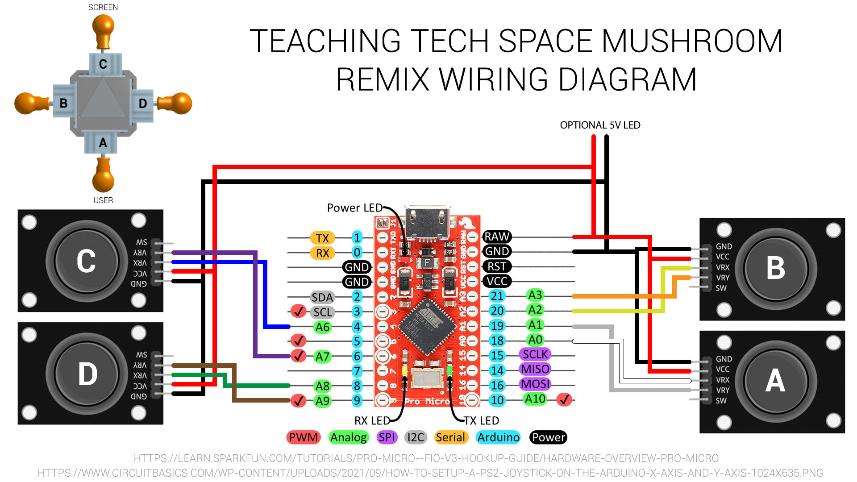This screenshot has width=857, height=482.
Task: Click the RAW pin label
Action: click(497, 237)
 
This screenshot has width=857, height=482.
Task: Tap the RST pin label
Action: click(497, 266)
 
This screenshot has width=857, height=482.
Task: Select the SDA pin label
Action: click(322, 297)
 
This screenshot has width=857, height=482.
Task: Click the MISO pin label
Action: click(535, 369)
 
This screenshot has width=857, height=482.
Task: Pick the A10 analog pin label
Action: click(535, 399)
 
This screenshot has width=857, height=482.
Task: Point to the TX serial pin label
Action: click(322, 238)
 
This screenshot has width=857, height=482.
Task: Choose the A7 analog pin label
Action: click(322, 357)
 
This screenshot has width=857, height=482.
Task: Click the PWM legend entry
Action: click(304, 437)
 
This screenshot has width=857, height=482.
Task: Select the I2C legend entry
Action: click(416, 437)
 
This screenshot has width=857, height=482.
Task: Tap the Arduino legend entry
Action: click(498, 437)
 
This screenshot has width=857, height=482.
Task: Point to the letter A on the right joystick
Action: click(775, 381)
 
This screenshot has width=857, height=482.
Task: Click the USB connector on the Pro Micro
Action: click(427, 222)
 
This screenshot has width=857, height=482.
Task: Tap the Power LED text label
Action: click(354, 208)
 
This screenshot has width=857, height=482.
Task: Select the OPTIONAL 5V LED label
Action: click(600, 125)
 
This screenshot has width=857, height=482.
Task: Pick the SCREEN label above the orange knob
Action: click(103, 8)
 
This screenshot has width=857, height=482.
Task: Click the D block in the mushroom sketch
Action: click(143, 104)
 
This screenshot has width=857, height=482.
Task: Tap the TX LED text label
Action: click(481, 421)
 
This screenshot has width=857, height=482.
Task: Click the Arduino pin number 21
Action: click(497, 296)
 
